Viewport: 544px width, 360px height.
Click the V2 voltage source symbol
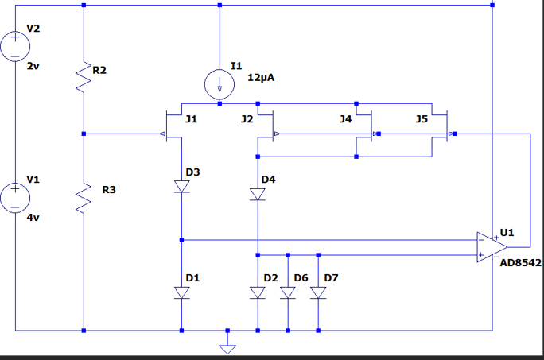15,45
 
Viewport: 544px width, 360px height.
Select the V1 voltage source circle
15,196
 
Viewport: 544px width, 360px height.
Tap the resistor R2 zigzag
84,76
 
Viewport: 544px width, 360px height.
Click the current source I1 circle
220,84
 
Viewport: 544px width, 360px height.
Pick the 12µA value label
262,79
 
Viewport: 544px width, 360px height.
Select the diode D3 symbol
182,187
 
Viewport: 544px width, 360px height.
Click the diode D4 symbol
258,194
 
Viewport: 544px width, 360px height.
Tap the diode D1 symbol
182,292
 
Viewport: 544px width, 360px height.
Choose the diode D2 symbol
258,292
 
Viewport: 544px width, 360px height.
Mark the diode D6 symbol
288,292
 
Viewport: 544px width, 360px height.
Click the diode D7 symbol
318,292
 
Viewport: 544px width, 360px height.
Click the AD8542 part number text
521,262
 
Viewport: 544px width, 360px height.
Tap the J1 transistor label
191,119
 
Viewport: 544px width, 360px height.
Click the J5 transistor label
422,119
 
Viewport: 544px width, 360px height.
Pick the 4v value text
33,217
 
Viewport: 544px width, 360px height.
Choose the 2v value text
33,67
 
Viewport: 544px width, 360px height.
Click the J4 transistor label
345,119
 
